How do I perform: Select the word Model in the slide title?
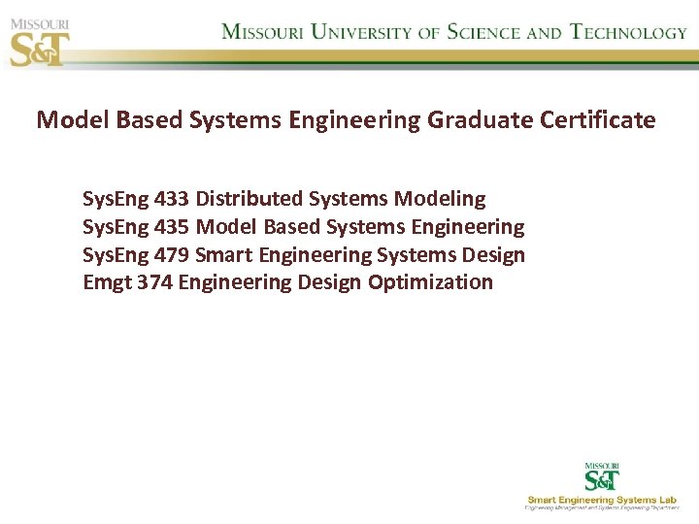point(73,120)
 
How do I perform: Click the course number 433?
point(172,199)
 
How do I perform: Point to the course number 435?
point(172,227)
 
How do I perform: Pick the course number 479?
point(172,255)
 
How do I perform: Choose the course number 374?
point(154,282)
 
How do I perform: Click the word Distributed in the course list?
point(250,199)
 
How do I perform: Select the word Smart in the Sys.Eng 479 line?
point(222,255)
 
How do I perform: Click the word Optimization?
point(430,282)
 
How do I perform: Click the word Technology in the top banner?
point(629,32)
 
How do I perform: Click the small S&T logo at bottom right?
point(602,477)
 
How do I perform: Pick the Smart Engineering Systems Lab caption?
point(602,500)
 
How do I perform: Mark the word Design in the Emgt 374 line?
point(329,282)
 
